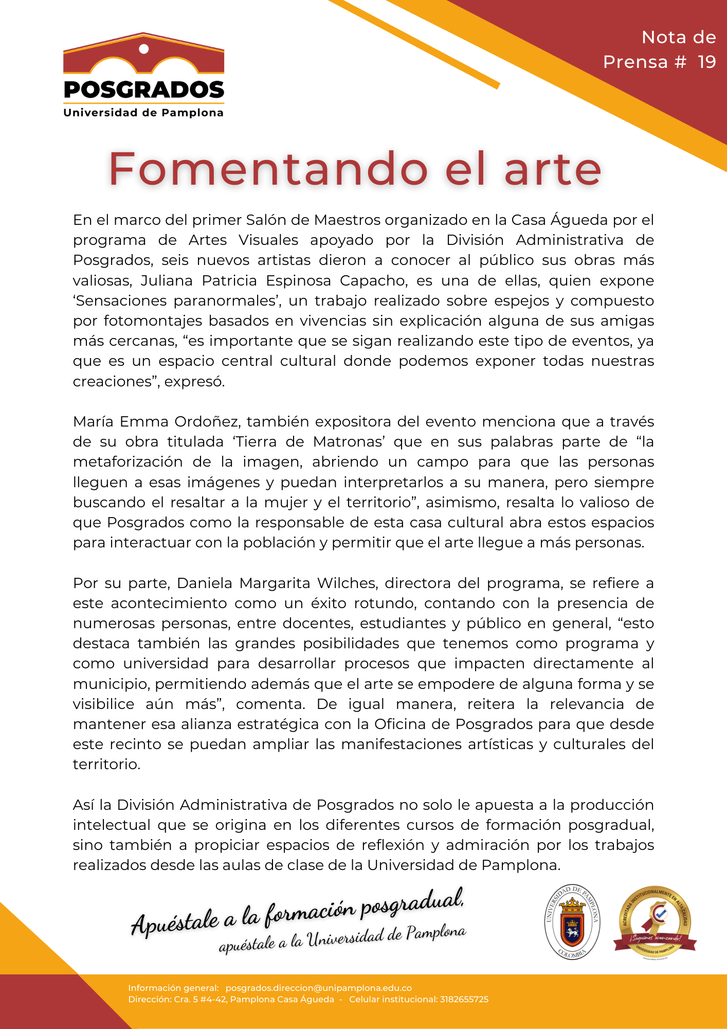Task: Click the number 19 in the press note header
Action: [x=706, y=62]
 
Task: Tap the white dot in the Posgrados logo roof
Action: [x=144, y=49]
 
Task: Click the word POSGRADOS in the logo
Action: [x=144, y=90]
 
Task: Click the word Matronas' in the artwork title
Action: [x=350, y=442]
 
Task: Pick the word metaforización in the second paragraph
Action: [x=128, y=462]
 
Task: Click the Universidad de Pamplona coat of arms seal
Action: [x=572, y=922]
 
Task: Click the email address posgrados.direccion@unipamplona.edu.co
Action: [x=319, y=988]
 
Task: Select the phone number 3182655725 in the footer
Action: [x=464, y=999]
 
